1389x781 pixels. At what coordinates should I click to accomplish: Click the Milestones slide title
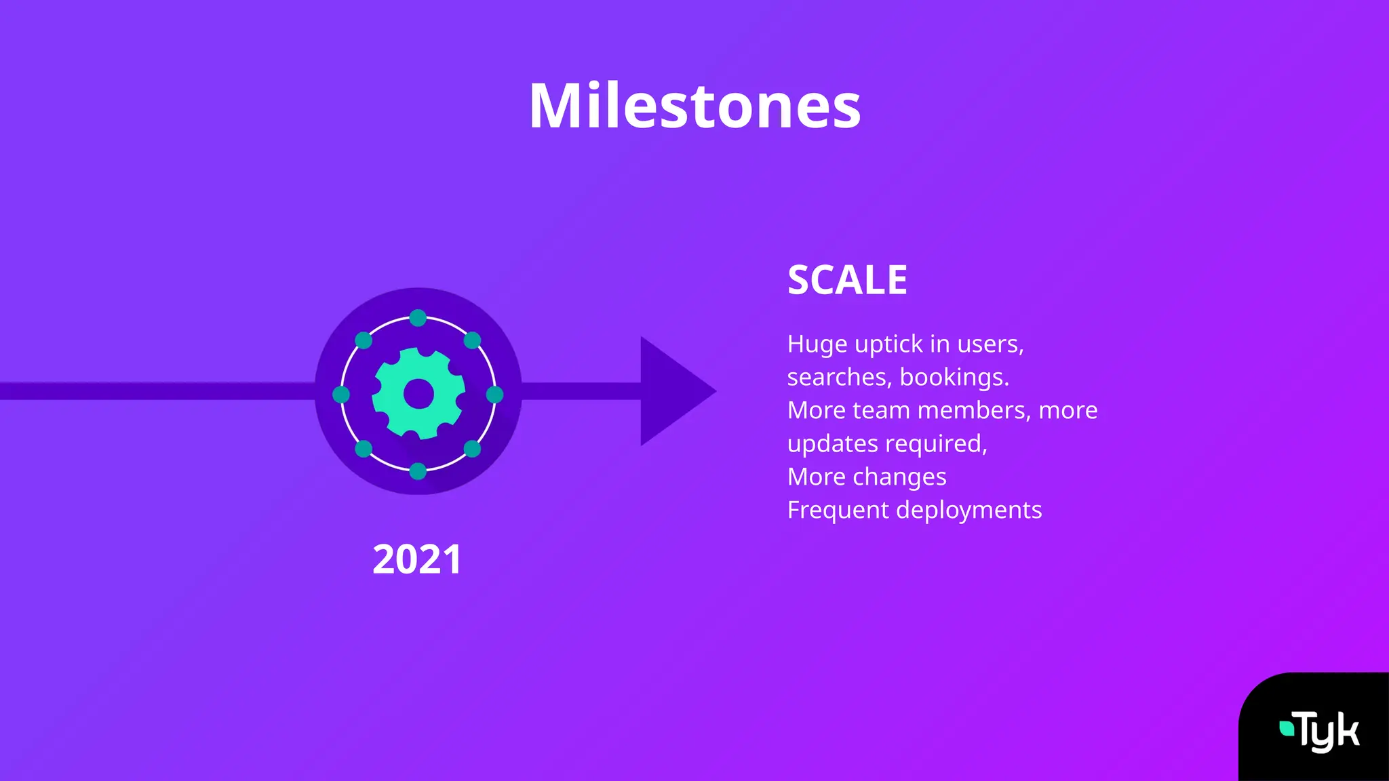pyautogui.click(x=694, y=106)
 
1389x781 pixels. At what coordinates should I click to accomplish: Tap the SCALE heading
pyautogui.click(x=847, y=279)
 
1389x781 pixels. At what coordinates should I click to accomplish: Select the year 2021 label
pyautogui.click(x=417, y=559)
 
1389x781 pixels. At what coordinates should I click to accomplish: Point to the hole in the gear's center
pyautogui.click(x=418, y=394)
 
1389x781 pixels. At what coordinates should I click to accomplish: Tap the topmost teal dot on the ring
pyautogui.click(x=418, y=318)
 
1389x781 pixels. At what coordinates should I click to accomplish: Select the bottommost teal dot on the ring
pyautogui.click(x=418, y=471)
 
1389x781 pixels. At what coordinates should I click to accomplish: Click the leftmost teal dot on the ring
pyautogui.click(x=341, y=395)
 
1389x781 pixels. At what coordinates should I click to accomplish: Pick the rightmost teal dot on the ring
pyautogui.click(x=495, y=395)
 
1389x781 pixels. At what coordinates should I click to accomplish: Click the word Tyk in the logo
pyautogui.click(x=1328, y=732)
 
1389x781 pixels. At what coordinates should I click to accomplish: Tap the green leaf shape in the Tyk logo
pyautogui.click(x=1286, y=728)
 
